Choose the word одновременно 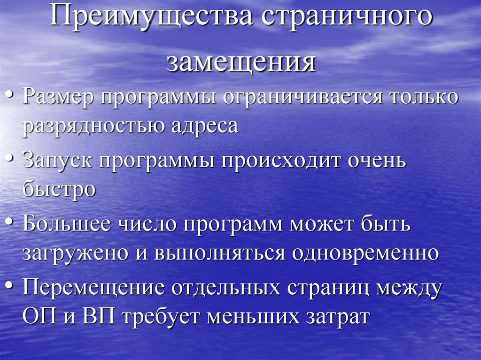[365, 253]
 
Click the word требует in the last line [163, 315]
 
